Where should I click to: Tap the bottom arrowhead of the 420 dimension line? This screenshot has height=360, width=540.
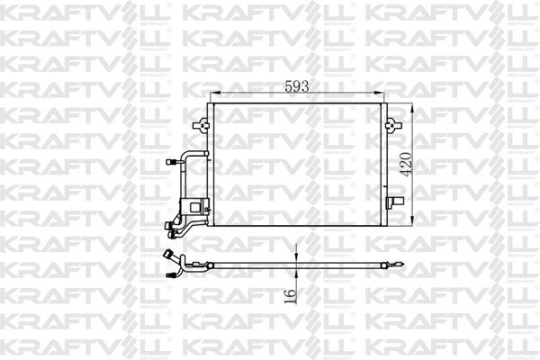(x=412, y=223)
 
